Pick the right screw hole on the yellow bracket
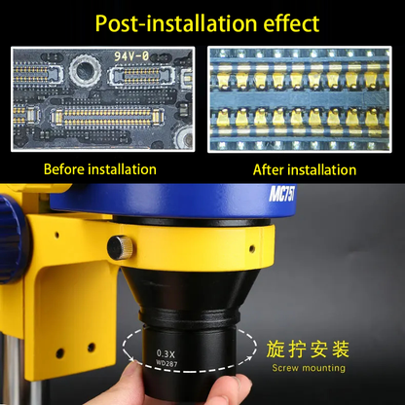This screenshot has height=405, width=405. pos(90,345)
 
